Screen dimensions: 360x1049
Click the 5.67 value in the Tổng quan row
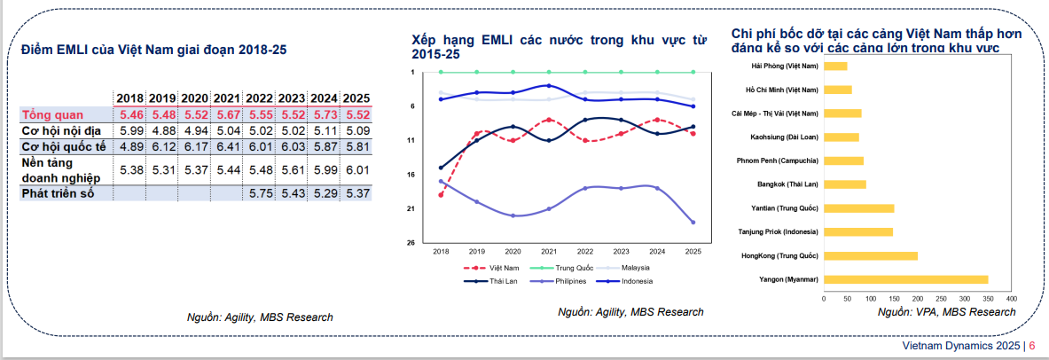[227, 114]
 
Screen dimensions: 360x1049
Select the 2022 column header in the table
[260, 98]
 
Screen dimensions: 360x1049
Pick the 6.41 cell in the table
[227, 146]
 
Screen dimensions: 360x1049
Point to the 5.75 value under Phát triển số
[260, 192]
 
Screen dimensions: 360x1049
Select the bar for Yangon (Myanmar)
[905, 279]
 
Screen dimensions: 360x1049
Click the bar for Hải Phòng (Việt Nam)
[835, 67]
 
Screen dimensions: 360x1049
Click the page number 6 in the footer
[1032, 346]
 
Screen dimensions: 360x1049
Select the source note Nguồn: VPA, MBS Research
[946, 312]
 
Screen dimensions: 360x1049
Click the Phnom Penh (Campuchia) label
[777, 160]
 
